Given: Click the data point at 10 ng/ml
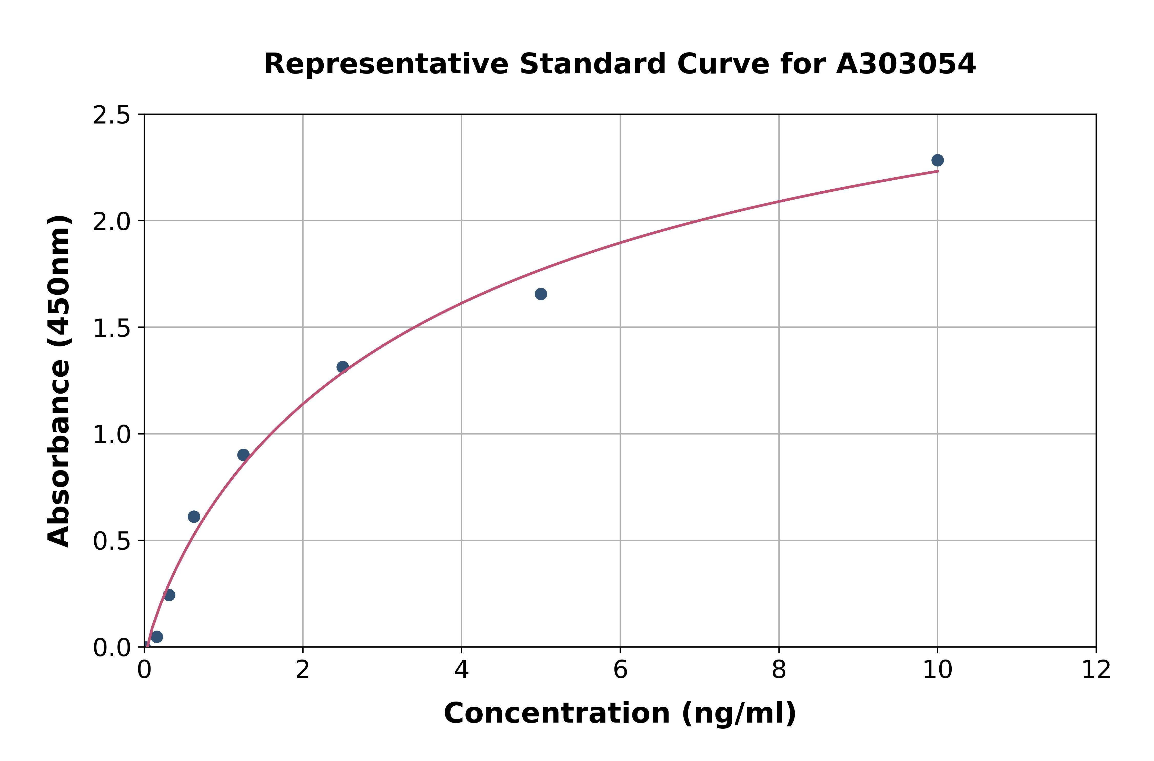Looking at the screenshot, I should [x=937, y=160].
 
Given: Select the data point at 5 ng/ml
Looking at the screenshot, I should [x=541, y=294].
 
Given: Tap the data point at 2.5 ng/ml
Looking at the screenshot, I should [x=342, y=367].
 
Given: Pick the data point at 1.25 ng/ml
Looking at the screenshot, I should [x=243, y=455].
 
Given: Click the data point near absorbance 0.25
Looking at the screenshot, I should [x=169, y=595].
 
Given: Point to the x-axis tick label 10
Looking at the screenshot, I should [x=937, y=670].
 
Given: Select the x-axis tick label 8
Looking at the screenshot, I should [x=779, y=670].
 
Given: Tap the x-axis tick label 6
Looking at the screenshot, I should [x=620, y=670].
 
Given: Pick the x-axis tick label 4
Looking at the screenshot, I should [x=461, y=670].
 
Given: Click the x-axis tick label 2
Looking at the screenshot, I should [x=303, y=670].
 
